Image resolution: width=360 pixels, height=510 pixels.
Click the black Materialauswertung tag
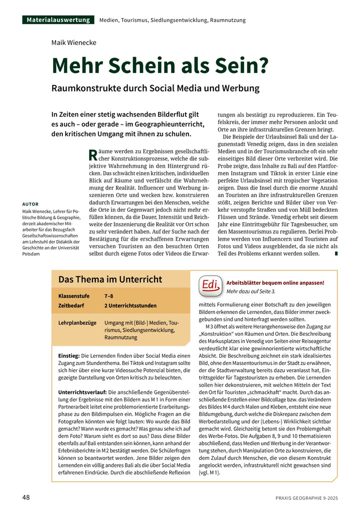point(58,20)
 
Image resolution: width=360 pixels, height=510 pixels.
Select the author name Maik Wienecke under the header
point(73,43)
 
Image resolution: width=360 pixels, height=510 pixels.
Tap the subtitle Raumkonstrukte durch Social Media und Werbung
point(155,88)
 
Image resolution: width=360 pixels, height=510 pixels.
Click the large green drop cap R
point(92,154)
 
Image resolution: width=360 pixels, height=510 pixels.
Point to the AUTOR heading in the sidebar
point(30,204)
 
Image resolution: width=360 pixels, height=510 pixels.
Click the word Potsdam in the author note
point(31,254)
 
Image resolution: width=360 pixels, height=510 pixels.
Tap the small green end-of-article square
point(336,254)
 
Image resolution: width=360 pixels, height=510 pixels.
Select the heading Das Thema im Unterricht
point(110,279)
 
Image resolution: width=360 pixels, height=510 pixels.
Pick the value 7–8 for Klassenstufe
point(108,296)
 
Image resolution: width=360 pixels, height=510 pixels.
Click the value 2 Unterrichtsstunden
point(130,305)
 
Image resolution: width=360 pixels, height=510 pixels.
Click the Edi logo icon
point(211,285)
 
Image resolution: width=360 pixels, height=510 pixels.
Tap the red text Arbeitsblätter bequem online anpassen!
point(275,282)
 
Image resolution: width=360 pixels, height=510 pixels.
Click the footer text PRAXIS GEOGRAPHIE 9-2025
point(306,498)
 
